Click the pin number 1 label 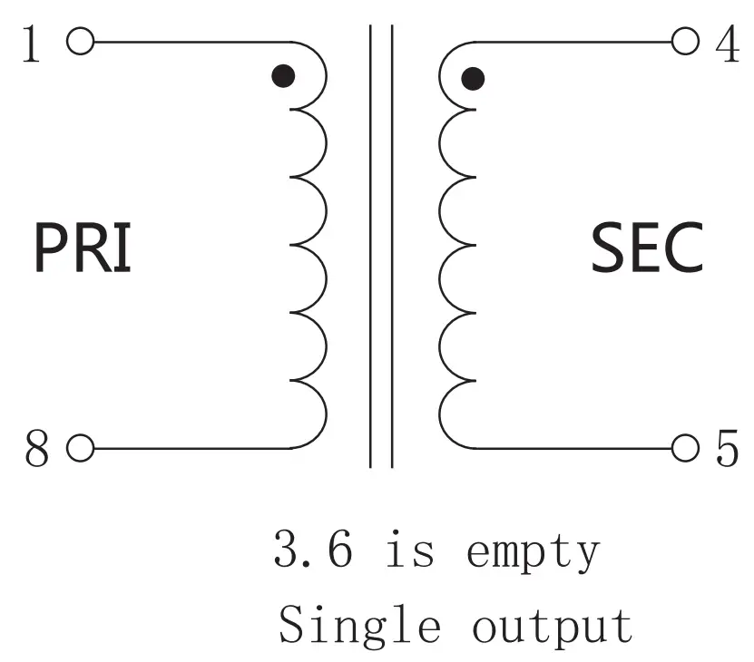point(32,44)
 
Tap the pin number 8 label point(35,450)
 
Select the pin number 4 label point(727,44)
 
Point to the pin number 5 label point(727,450)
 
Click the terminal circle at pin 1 point(80,42)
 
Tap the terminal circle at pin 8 point(80,448)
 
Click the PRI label point(83,247)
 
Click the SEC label point(647,248)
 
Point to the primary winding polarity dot point(284,76)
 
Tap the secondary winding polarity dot point(473,79)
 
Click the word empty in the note point(533,553)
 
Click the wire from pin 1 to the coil point(191,42)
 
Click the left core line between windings point(370,245)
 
